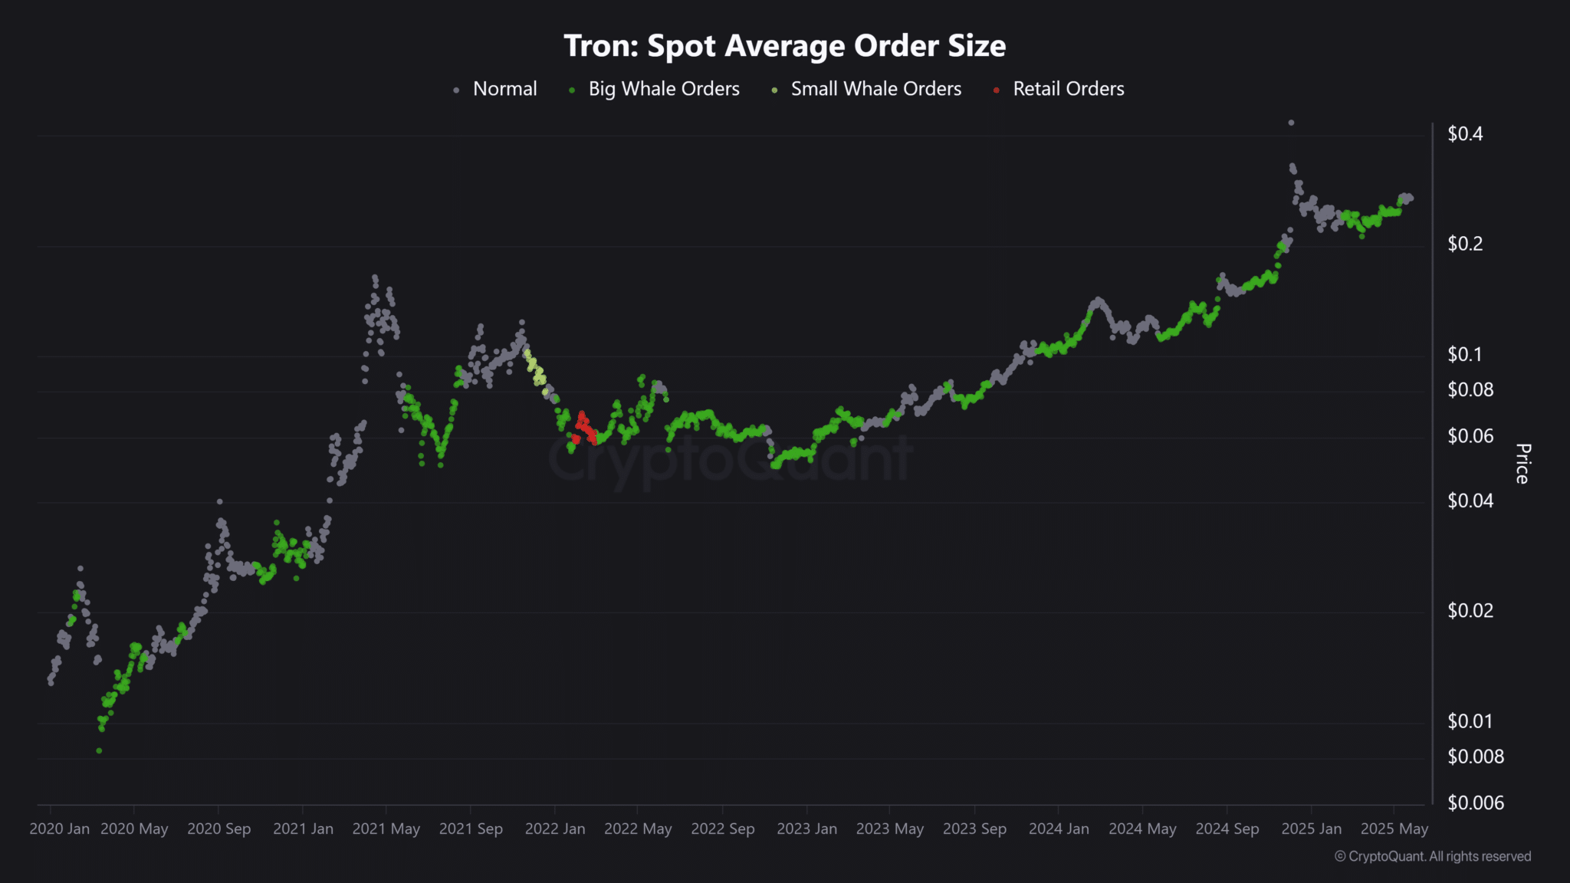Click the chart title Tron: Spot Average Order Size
784,46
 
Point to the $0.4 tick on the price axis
1464,134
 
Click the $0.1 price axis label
1464,354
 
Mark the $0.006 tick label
1475,803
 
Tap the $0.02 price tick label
1470,611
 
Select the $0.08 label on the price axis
1470,390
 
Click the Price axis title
1522,464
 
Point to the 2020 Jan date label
59,829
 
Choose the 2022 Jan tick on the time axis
555,829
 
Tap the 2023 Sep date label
974,829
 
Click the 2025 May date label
1394,829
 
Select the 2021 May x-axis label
386,829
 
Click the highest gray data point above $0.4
1291,123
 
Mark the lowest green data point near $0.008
99,750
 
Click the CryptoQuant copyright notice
1433,856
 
